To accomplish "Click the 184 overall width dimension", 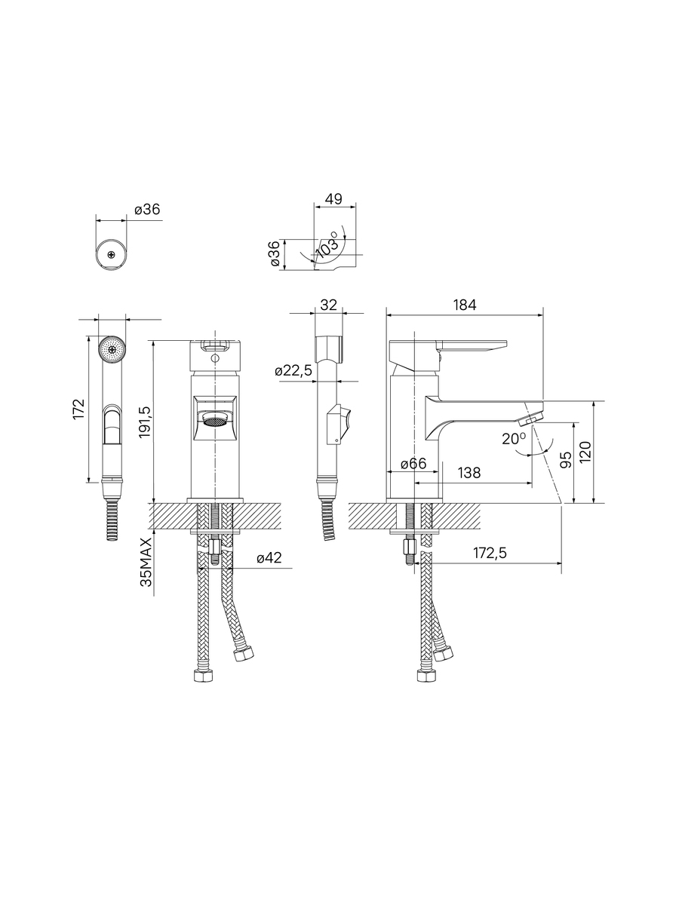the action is [465, 305].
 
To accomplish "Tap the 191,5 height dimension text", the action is [146, 422].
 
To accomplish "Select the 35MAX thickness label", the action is [146, 563].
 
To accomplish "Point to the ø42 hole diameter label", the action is [269, 558].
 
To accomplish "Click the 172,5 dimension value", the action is [490, 553].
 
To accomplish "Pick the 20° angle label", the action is [514, 439].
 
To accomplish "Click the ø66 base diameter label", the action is [413, 464].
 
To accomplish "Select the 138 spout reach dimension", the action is [469, 473].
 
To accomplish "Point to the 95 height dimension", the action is [567, 459].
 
